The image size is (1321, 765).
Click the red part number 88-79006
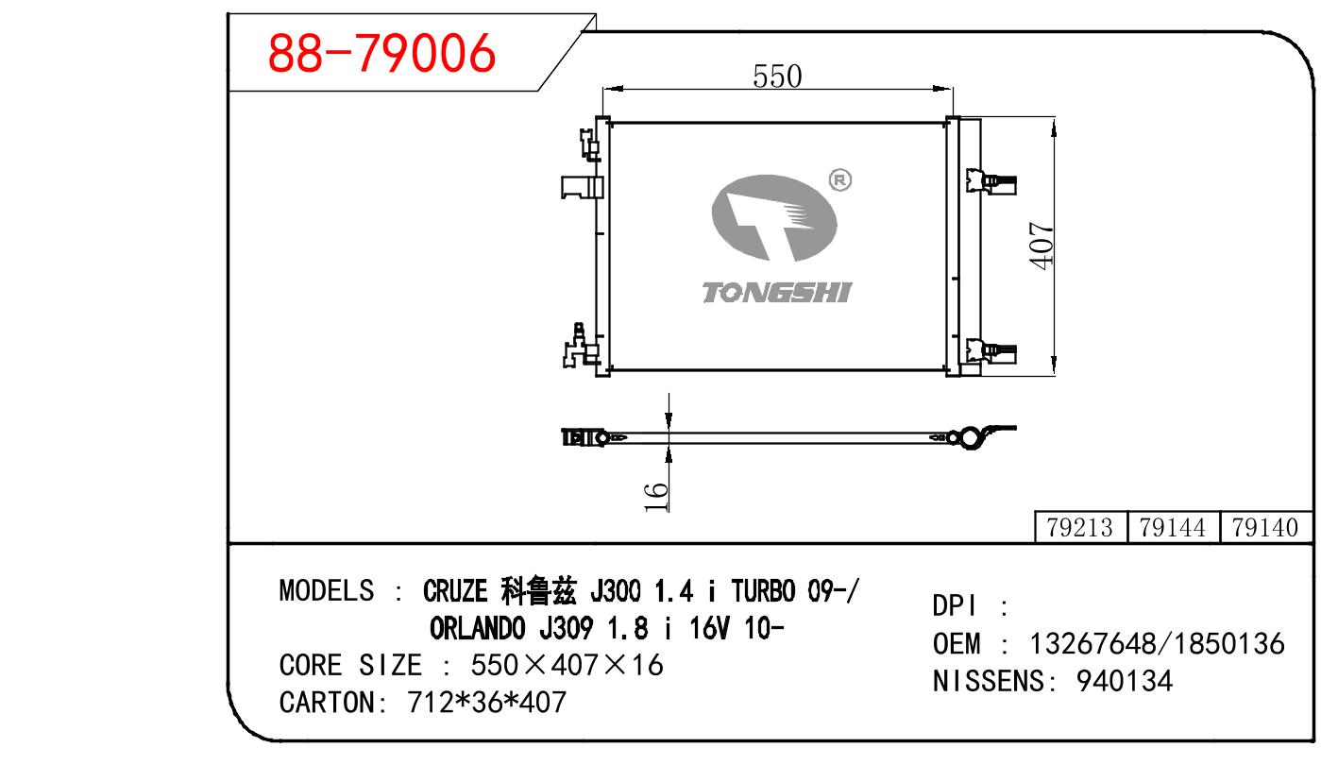tap(381, 53)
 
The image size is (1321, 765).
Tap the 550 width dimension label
tap(777, 76)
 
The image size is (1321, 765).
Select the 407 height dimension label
tap(1041, 246)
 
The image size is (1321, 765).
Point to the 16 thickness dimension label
tap(656, 497)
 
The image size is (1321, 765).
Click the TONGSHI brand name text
tap(777, 293)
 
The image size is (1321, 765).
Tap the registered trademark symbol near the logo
tap(839, 180)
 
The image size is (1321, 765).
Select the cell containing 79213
tap(1080, 527)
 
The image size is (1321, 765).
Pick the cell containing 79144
tap(1173, 527)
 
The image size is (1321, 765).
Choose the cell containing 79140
tap(1265, 527)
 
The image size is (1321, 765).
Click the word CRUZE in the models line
tap(455, 591)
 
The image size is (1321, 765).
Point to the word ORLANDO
tap(477, 629)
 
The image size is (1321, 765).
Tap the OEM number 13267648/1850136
tap(1157, 643)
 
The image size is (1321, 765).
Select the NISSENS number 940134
tap(1124, 681)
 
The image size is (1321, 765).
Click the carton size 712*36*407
tap(486, 703)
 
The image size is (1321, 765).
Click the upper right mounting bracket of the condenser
tap(991, 181)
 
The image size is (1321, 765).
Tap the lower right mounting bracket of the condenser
tap(991, 351)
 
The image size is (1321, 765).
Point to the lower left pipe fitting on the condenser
tap(581, 347)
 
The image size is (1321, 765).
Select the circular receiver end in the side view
tap(970, 437)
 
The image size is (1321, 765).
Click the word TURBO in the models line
tap(763, 591)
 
